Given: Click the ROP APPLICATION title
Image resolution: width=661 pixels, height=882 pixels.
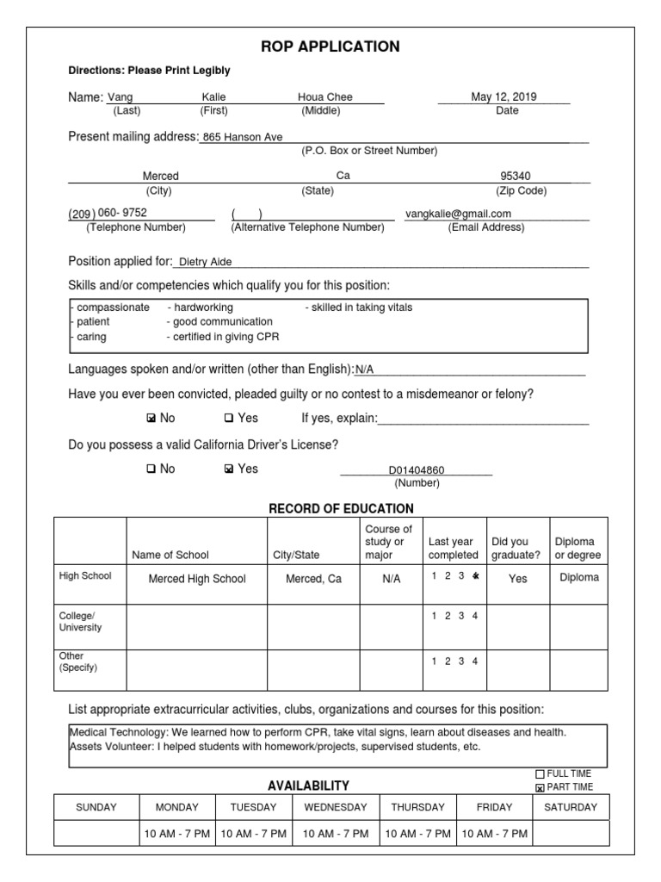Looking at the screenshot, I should (330, 47).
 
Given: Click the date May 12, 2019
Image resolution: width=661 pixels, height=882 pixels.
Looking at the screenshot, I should (503, 97).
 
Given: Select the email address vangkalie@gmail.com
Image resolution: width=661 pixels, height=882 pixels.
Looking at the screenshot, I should (459, 214).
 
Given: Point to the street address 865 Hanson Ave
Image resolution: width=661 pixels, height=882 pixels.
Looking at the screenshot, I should (243, 137).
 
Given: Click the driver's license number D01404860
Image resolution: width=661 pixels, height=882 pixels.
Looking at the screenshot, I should (417, 471).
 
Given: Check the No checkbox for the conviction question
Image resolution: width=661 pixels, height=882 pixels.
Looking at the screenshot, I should (151, 419).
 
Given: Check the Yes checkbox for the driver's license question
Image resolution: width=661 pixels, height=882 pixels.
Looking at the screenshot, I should (228, 469).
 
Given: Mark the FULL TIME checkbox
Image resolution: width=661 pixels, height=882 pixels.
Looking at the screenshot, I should (541, 773).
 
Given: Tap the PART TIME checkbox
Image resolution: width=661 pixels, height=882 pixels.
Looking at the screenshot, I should (541, 787).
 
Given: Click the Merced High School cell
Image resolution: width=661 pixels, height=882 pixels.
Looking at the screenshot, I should (197, 579).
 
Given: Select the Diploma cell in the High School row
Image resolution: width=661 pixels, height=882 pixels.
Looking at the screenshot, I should (578, 578).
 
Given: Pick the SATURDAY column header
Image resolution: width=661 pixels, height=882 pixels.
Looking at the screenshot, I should (571, 807).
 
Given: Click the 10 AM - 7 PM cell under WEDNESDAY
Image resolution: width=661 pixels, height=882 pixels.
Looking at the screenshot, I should (336, 834).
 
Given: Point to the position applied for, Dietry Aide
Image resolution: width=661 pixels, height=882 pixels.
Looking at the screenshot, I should (205, 262).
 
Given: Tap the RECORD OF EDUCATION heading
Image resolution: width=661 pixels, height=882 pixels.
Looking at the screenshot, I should (341, 508).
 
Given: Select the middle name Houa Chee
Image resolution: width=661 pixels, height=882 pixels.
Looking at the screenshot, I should (325, 97).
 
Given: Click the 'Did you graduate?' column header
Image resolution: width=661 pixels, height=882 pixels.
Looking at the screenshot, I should (516, 549).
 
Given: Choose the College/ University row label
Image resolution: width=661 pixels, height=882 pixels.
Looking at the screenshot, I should (80, 621).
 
